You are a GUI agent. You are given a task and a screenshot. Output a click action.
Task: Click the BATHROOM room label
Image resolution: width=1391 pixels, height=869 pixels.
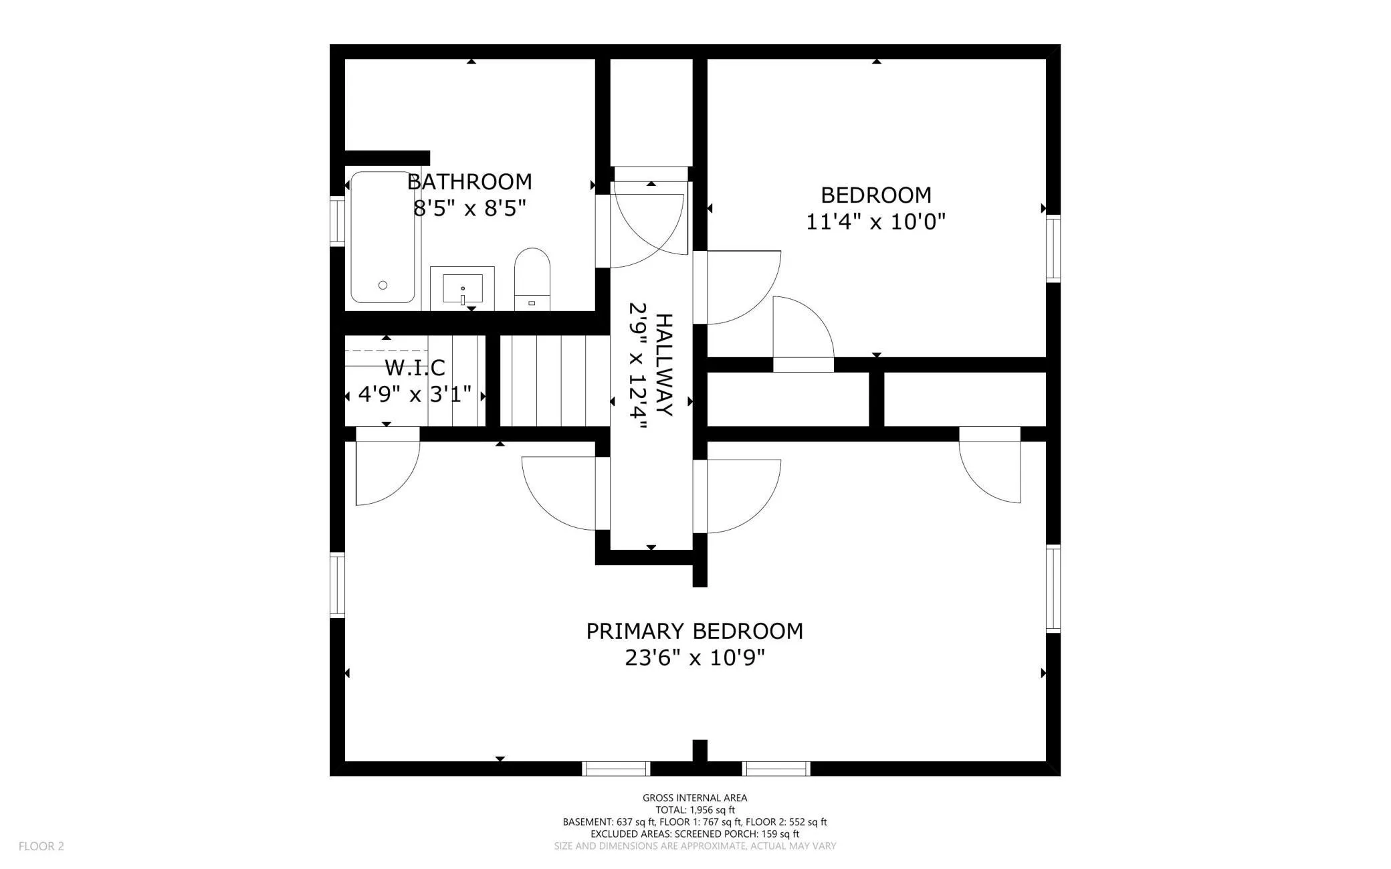[x=469, y=181]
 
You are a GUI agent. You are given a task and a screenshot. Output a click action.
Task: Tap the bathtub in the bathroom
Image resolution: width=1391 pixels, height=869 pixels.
[x=383, y=237]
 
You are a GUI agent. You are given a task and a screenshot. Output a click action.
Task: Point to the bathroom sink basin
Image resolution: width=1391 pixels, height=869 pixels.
[x=462, y=288]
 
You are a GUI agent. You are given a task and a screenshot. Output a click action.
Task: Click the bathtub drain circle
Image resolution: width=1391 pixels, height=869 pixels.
[x=383, y=285]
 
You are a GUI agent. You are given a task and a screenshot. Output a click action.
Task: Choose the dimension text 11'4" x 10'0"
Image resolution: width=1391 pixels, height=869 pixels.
[x=875, y=221]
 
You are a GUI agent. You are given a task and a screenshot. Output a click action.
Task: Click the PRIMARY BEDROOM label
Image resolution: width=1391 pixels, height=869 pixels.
[x=695, y=631]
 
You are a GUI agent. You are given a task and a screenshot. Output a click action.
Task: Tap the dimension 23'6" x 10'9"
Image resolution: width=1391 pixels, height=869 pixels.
[x=695, y=658]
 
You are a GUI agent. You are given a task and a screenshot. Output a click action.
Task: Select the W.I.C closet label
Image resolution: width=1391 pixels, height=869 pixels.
[x=415, y=367]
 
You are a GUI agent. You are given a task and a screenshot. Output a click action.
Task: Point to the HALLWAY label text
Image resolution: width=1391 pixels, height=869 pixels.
[x=663, y=365]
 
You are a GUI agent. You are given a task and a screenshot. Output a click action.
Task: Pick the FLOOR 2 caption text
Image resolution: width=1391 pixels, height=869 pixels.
[x=41, y=846]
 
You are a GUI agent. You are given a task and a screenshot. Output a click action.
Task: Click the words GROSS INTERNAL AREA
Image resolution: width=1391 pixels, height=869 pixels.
[x=695, y=797]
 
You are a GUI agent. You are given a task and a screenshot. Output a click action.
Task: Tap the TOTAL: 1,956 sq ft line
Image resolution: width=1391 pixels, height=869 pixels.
[x=695, y=809]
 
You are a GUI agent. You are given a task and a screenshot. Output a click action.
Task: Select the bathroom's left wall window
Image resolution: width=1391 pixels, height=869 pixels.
[x=337, y=221]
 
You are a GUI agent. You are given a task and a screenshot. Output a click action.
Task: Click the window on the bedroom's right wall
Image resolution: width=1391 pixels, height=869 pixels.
[x=1053, y=248]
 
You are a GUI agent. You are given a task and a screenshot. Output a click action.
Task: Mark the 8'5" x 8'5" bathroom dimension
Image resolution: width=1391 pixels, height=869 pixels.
[x=469, y=209]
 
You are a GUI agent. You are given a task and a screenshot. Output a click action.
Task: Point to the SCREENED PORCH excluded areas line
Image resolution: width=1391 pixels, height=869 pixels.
[x=695, y=834]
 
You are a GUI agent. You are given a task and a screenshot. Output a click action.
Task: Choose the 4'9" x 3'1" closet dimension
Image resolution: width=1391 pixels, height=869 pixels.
[x=415, y=394]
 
